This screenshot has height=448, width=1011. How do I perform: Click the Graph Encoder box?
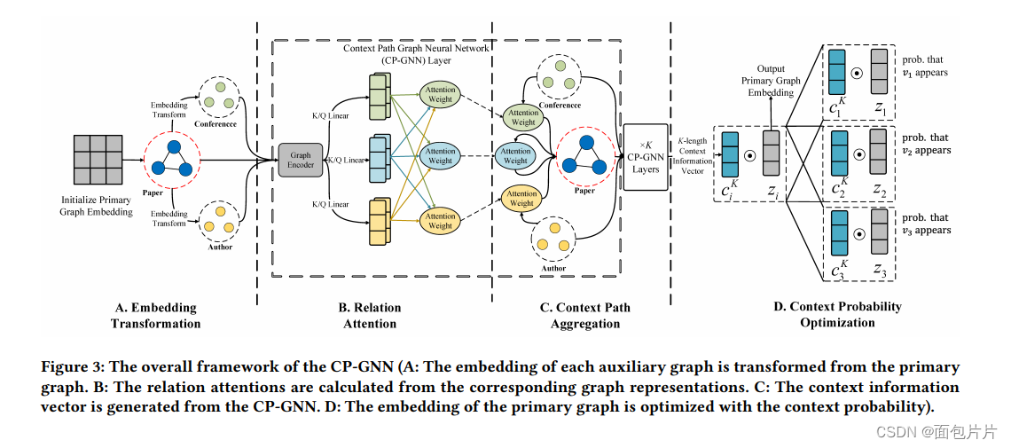(x=300, y=161)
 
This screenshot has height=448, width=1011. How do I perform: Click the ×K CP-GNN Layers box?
(x=645, y=156)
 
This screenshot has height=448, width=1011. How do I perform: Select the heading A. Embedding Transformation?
(x=155, y=315)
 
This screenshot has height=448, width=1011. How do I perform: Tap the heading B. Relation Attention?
(x=369, y=315)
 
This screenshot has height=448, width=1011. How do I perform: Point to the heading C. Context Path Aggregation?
(x=584, y=315)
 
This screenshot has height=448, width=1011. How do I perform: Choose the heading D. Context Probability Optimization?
(x=836, y=314)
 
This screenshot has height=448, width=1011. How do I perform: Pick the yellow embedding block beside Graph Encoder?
(x=377, y=222)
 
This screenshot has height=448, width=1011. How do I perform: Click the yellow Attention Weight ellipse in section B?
(x=440, y=220)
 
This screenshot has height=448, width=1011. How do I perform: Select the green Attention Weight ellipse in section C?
(x=523, y=117)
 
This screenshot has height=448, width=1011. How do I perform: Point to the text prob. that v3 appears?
(x=926, y=224)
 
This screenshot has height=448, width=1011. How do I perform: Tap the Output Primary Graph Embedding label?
(x=770, y=81)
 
